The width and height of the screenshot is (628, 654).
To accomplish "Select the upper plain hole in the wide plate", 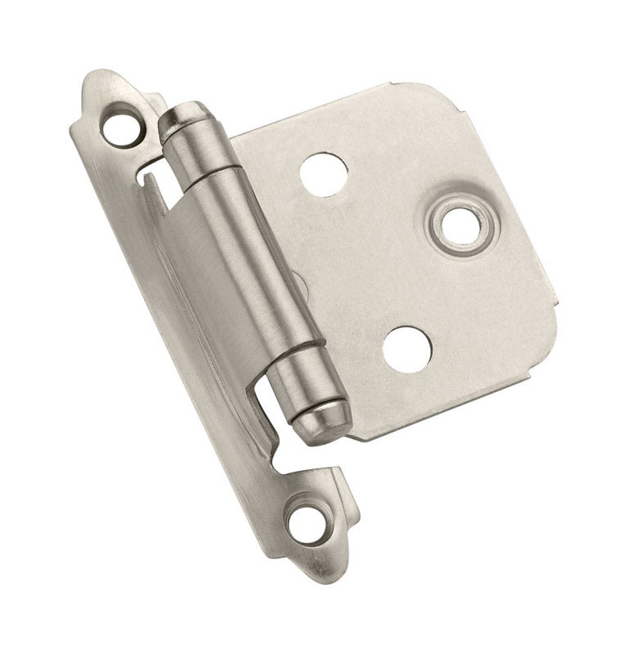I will [x=324, y=173].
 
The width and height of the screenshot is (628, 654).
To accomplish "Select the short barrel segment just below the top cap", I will [x=200, y=151].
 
